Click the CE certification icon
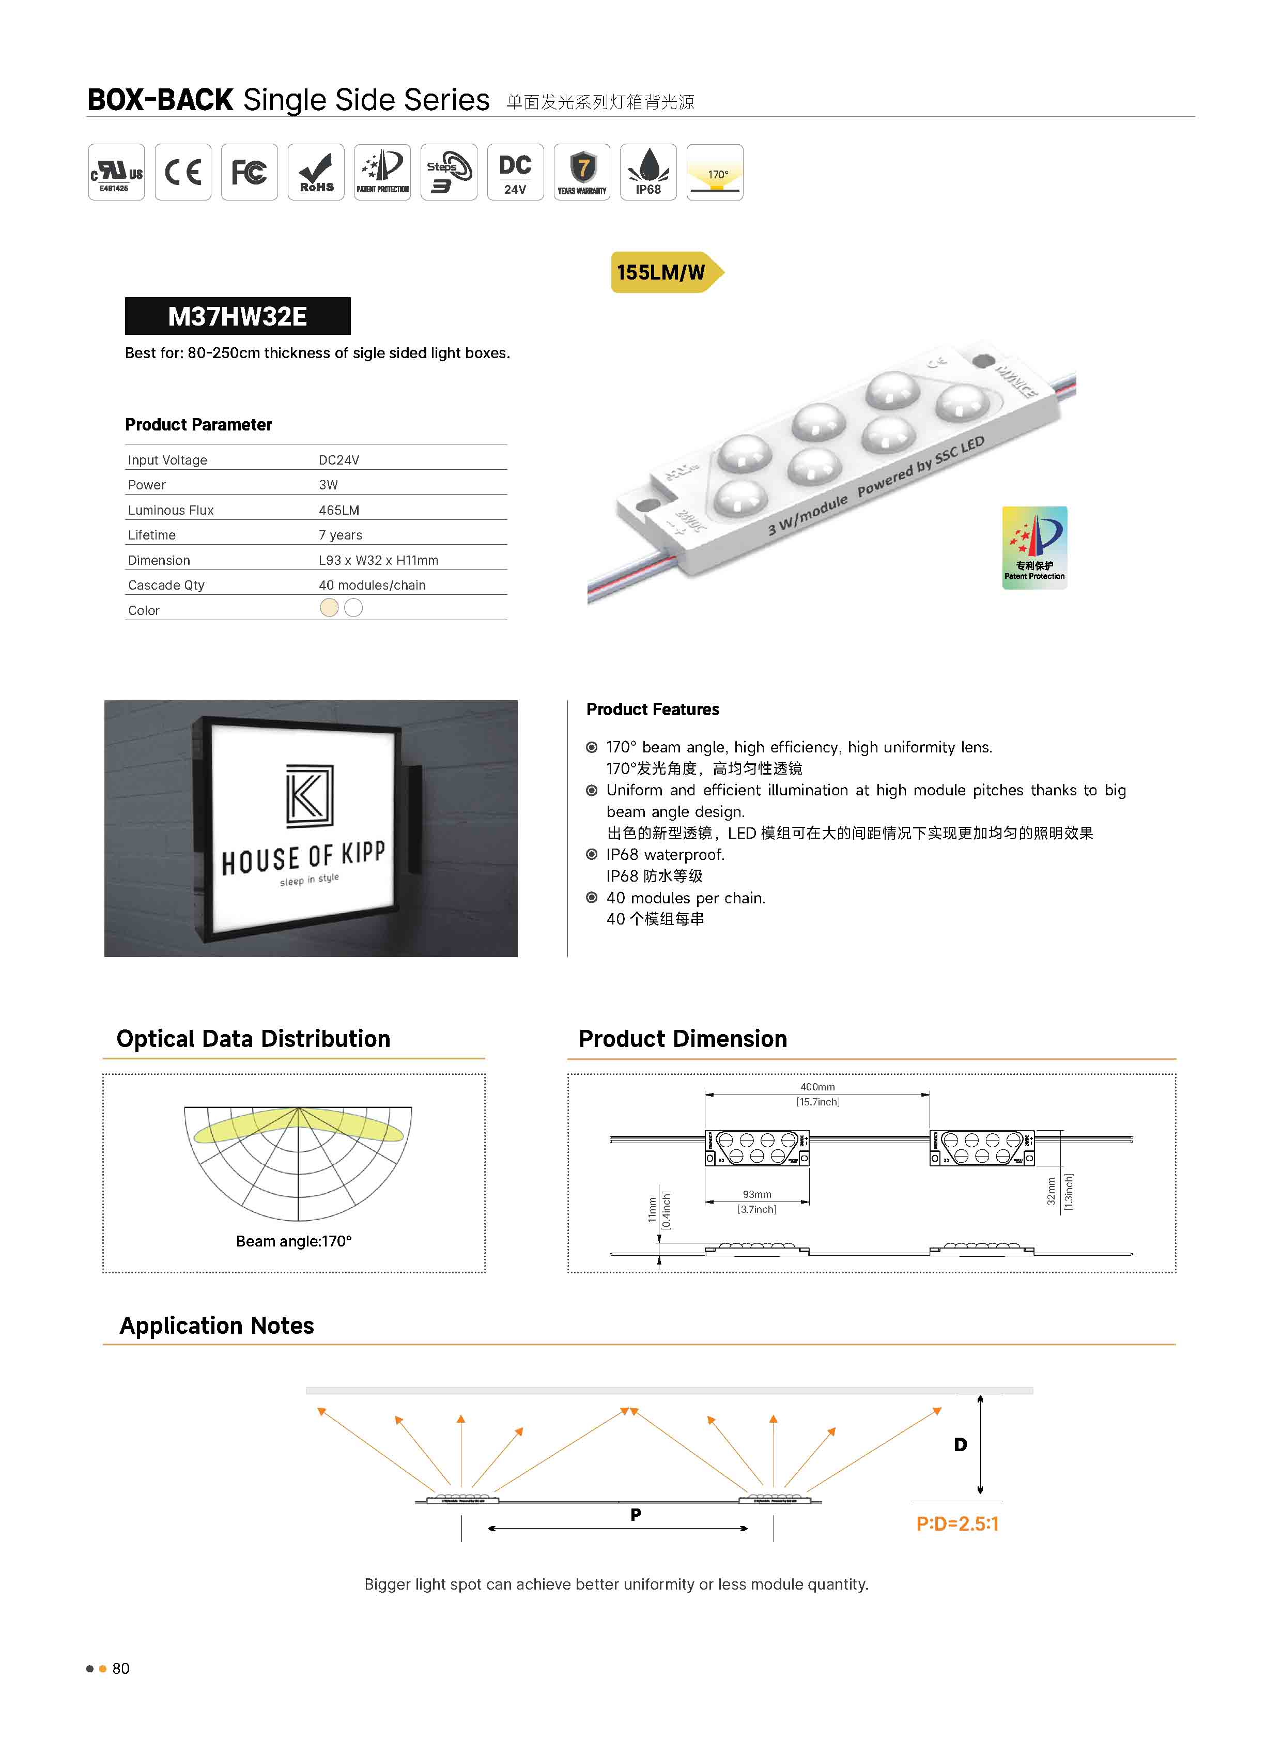[183, 172]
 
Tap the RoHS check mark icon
[316, 172]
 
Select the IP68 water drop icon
[648, 172]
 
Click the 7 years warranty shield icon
[582, 172]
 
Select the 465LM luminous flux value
[338, 510]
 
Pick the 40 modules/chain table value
[372, 585]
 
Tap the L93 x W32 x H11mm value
[378, 560]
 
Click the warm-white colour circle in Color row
[329, 608]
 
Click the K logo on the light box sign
[309, 795]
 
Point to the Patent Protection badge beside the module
[1034, 548]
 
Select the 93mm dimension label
[756, 1194]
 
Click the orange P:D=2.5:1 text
[957, 1523]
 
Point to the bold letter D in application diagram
[960, 1444]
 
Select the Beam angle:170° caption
[294, 1241]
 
